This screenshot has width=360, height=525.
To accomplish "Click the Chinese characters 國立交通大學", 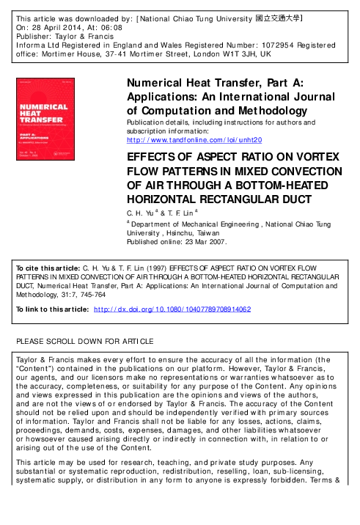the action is pyautogui.click(x=279, y=15).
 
